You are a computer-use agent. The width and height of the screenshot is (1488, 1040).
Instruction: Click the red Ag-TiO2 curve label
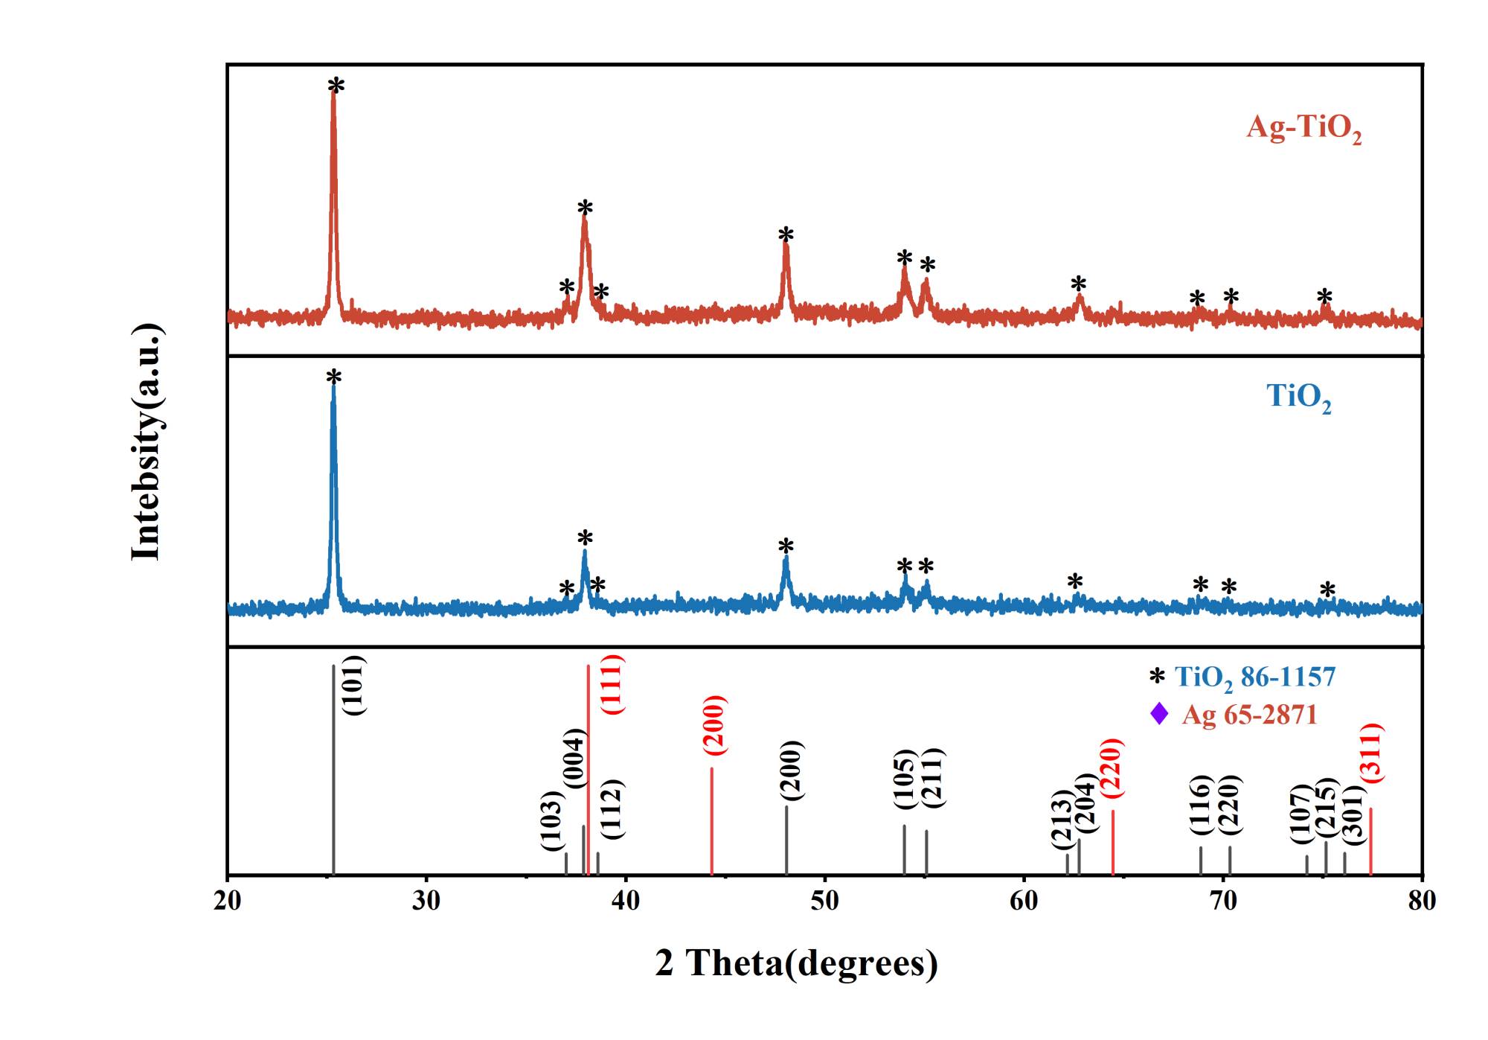point(1303,128)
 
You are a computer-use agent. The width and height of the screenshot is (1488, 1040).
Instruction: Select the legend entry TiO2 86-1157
point(1254,677)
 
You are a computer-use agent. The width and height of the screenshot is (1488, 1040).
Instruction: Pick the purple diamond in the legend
point(1159,714)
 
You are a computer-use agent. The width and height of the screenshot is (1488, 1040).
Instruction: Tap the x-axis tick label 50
point(824,901)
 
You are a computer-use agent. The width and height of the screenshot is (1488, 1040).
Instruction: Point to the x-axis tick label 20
point(227,901)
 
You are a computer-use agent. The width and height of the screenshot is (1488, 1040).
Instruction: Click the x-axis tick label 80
point(1422,901)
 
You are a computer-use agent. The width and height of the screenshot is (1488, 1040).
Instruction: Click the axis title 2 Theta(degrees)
point(796,963)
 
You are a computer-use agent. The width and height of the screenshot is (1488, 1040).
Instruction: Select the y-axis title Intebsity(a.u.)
point(146,441)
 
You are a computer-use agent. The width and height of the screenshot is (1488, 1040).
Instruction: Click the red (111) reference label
point(612,684)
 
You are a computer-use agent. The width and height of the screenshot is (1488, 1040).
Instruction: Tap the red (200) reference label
point(713,725)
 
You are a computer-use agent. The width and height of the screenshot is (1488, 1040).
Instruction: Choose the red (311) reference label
point(1371,753)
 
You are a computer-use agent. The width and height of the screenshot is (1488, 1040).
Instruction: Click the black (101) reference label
point(353,685)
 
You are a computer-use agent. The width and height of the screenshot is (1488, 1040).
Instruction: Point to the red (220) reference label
point(1112,768)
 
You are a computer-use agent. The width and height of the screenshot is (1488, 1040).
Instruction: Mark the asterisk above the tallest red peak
point(336,86)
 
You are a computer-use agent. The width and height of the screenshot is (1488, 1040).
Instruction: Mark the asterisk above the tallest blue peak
point(334,378)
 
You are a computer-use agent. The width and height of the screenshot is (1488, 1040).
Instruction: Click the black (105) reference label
point(904,779)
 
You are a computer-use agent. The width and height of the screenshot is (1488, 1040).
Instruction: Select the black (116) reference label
point(1200,804)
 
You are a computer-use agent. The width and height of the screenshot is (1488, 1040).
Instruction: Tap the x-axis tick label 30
point(426,901)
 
